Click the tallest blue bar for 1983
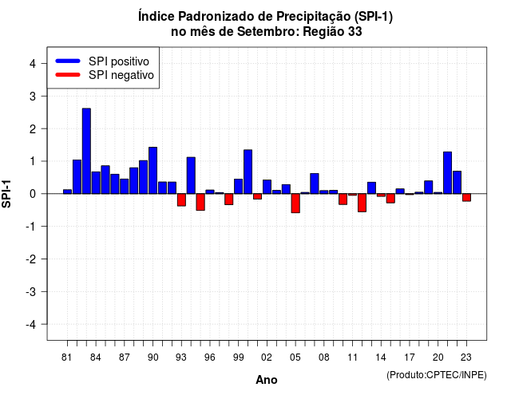coord(86,151)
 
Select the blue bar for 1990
coord(153,170)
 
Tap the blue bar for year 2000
coord(248,172)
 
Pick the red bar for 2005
coord(295,203)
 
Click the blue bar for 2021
coord(447,172)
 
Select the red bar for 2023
coord(466,197)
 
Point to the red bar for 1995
coord(200,202)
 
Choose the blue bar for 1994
coord(191,176)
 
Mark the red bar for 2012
coord(362,203)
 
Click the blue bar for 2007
coord(315,184)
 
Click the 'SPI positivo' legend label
coord(119,61)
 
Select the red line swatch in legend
coord(68,75)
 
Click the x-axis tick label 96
coord(210,358)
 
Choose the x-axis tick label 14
coord(381,358)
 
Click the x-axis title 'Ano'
coord(267,380)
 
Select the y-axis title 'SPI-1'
coord(6,194)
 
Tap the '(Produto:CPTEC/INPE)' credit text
coord(437,375)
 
